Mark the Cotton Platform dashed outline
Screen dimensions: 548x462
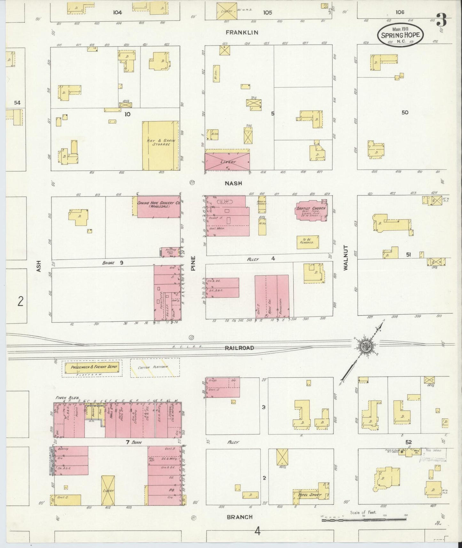155,368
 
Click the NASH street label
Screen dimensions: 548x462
233,183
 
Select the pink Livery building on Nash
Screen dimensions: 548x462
227,162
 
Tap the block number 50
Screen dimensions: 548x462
405,113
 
